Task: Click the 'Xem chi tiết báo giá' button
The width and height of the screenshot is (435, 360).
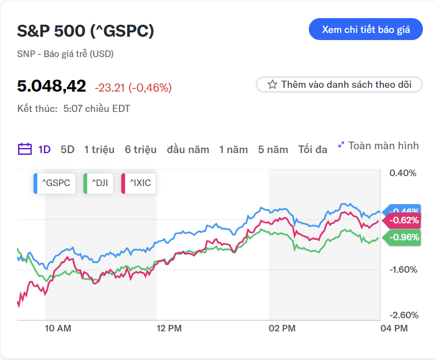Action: [366, 30]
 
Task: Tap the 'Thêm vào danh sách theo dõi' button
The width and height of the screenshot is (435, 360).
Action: [339, 85]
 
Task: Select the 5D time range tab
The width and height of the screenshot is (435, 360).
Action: [67, 149]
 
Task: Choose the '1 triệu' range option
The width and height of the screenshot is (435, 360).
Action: [99, 149]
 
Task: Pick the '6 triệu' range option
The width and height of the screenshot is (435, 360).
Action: [140, 149]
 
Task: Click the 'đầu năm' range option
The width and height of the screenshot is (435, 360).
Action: [188, 149]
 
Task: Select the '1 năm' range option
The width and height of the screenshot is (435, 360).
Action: [234, 149]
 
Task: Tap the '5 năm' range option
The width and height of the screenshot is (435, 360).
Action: [273, 149]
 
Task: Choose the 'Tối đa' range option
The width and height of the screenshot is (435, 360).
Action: [313, 149]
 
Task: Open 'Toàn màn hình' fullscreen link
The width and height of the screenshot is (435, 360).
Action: [378, 145]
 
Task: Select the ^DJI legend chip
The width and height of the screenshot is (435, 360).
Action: [98, 183]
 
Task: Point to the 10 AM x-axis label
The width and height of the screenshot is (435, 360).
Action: [58, 329]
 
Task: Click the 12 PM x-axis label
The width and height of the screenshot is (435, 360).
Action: [169, 329]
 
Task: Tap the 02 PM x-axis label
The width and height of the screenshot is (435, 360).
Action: [282, 329]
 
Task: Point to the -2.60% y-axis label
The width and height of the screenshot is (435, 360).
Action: [403, 315]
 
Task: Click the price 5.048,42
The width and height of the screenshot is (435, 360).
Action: [52, 86]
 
